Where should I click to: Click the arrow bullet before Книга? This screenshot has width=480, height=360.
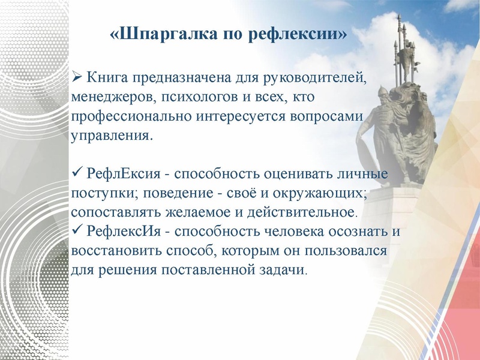[x=76, y=77]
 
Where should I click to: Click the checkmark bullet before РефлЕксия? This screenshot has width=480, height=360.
[x=76, y=173]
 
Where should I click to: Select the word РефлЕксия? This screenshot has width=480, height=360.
[x=124, y=174]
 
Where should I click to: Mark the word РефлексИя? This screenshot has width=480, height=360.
[x=125, y=232]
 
